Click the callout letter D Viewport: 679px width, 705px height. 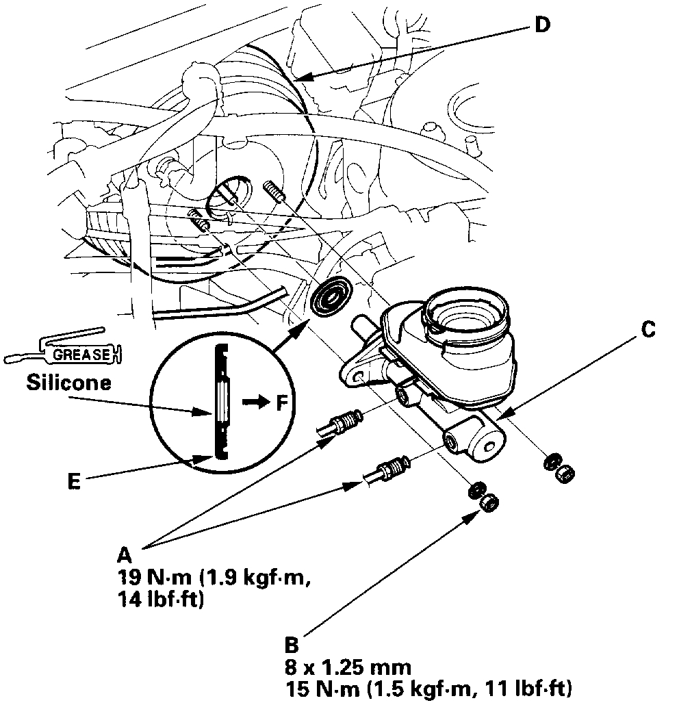pyautogui.click(x=542, y=25)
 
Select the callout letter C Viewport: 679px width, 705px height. pyautogui.click(x=648, y=331)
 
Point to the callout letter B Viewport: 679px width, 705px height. pyautogui.click(x=291, y=645)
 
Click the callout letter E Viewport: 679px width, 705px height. pyautogui.click(x=75, y=482)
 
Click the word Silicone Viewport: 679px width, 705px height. pyautogui.click(x=68, y=383)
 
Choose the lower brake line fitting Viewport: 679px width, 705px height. pyautogui.click(x=387, y=471)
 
